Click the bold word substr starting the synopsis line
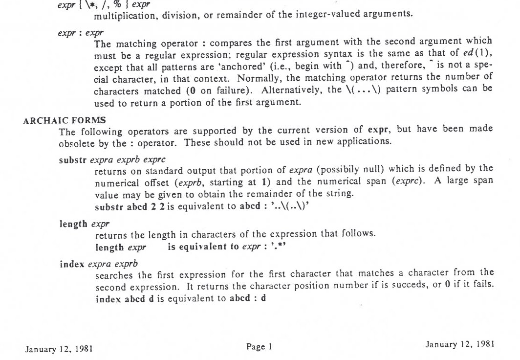point(73,159)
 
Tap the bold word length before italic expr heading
point(74,224)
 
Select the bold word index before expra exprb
point(72,264)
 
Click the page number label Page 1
point(259,347)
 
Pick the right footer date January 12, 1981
point(460,344)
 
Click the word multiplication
point(123,14)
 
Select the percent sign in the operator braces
point(117,4)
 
